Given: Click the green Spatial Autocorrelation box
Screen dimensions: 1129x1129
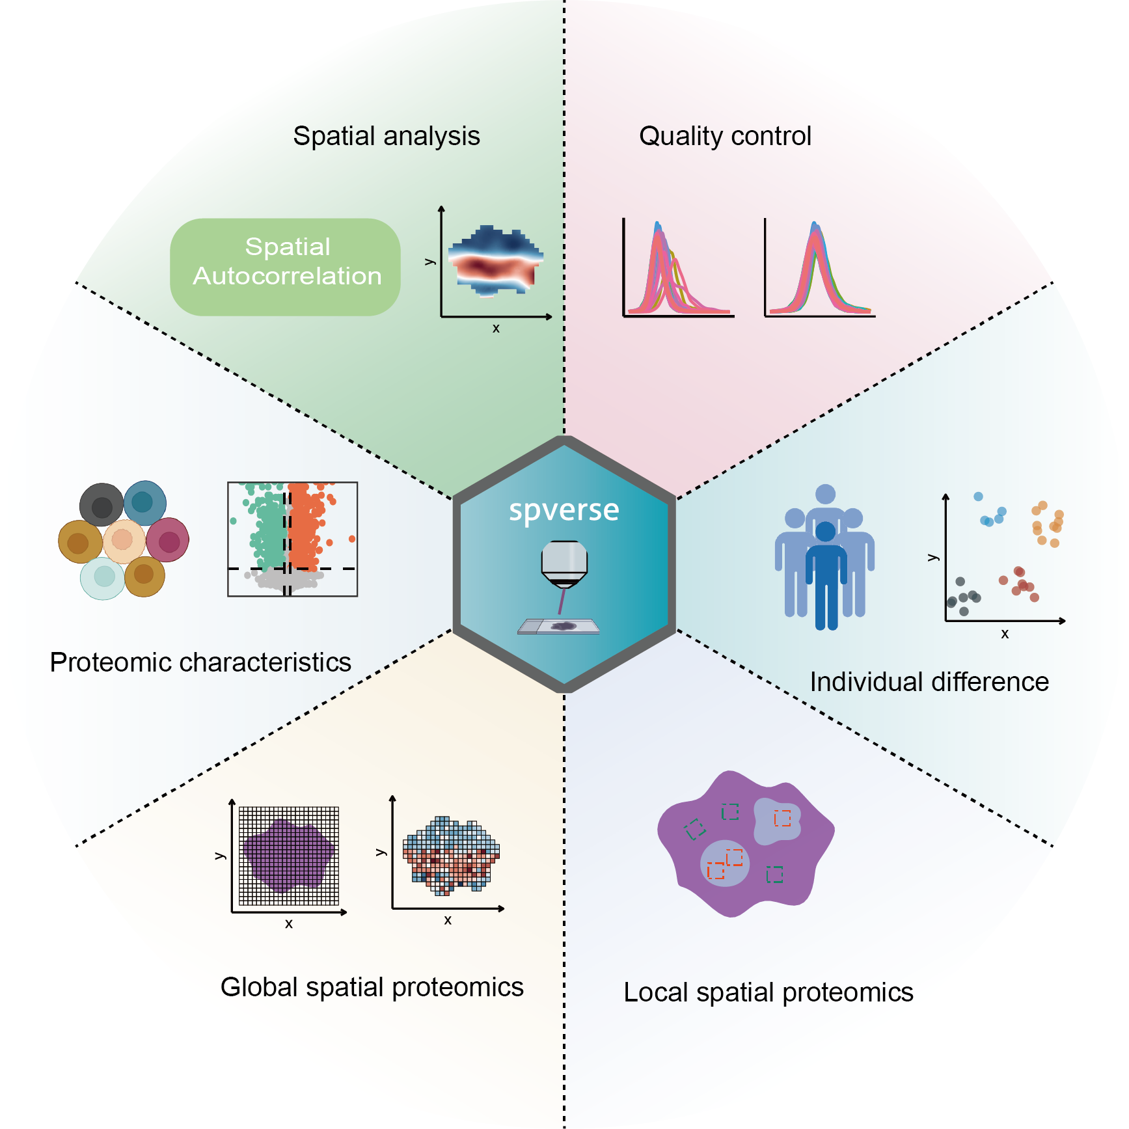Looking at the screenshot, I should (285, 267).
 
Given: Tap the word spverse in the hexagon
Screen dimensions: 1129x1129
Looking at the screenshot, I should (564, 510).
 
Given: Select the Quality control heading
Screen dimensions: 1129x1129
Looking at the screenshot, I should (725, 136).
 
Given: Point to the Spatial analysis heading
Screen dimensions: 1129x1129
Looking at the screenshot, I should (387, 136).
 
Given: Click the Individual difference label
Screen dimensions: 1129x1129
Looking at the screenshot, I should (929, 682).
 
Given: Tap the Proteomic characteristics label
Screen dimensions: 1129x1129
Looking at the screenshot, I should (200, 662).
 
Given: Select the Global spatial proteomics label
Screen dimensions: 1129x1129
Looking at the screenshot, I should (372, 987).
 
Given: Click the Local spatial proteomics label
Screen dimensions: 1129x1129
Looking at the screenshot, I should (769, 992).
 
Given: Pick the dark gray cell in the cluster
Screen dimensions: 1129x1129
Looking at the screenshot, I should (102, 505).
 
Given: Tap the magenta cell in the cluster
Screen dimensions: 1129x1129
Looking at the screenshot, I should (168, 540).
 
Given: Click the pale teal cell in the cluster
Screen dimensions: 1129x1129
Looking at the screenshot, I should (103, 577).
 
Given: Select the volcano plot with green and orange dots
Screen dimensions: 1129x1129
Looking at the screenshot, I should (292, 539).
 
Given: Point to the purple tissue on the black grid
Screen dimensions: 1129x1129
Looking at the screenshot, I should (288, 855).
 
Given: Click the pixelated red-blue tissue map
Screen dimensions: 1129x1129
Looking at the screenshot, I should (451, 854).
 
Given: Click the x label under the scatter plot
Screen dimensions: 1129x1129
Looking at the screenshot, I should (1005, 634).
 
